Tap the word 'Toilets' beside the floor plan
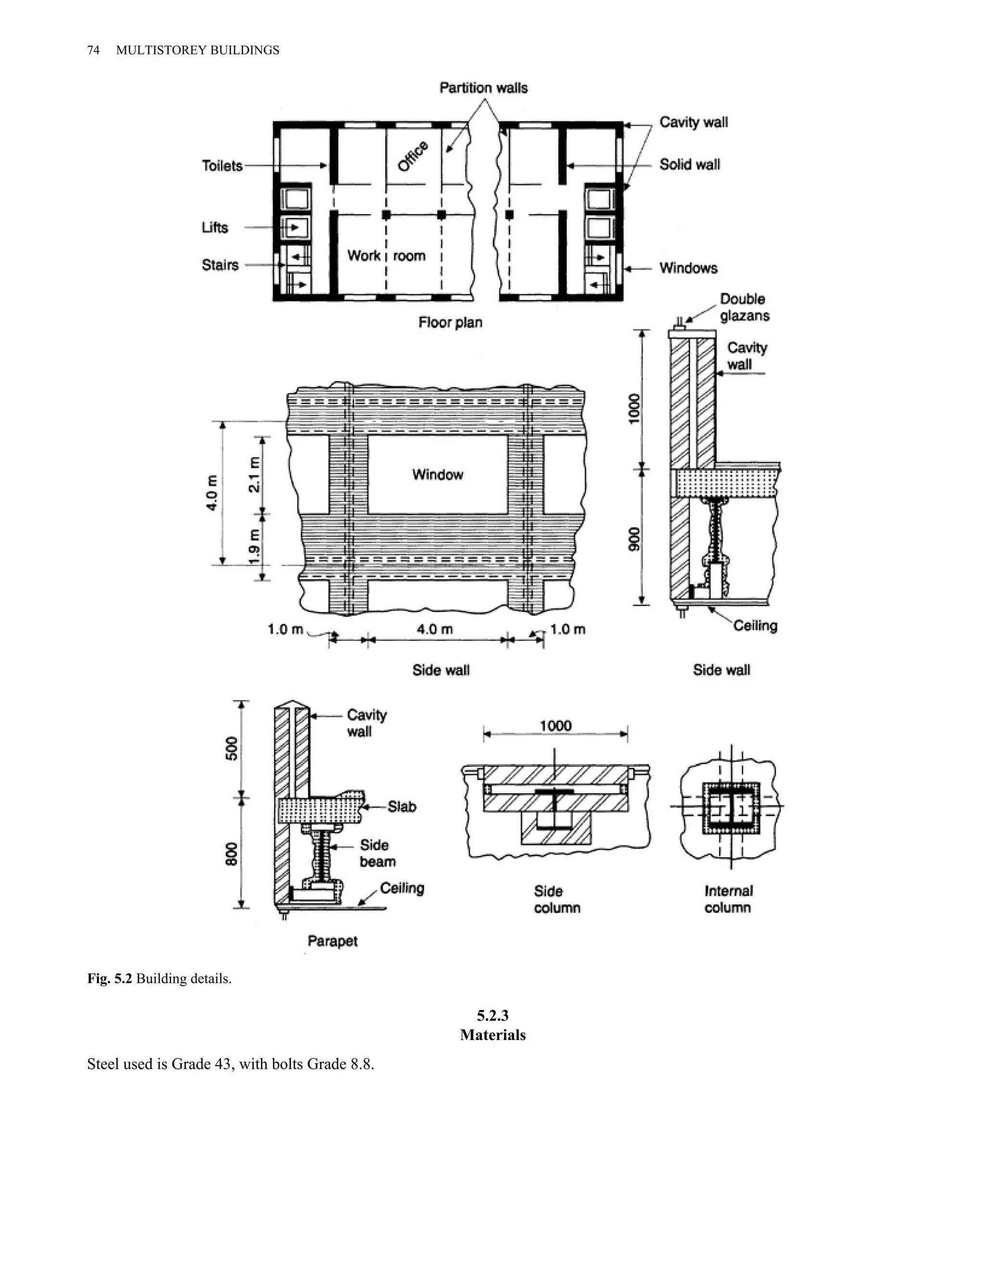click(222, 166)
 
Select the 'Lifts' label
click(215, 227)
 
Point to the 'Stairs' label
click(220, 265)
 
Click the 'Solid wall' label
click(689, 165)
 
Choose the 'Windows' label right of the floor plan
click(688, 268)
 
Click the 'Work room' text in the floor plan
click(386, 256)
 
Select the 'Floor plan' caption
click(450, 323)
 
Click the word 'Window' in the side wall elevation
click(438, 474)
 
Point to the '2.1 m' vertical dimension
click(254, 474)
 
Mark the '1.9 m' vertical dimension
click(254, 547)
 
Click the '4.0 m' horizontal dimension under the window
click(435, 629)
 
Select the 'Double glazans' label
click(744, 307)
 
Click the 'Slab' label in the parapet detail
click(402, 807)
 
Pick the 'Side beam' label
click(377, 853)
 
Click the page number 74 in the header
click(93, 50)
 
